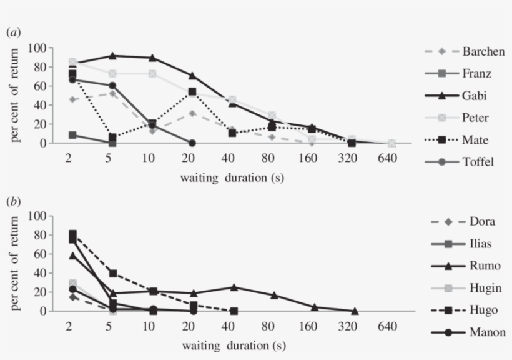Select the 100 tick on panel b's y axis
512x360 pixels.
37,216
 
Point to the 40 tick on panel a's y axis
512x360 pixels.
39,105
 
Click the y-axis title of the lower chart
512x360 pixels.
17,262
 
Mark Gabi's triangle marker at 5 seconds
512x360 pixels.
112,56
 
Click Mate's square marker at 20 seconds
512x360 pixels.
192,92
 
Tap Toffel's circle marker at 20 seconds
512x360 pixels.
192,143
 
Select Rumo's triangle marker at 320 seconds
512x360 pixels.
355,311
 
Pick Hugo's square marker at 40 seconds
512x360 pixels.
234,311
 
